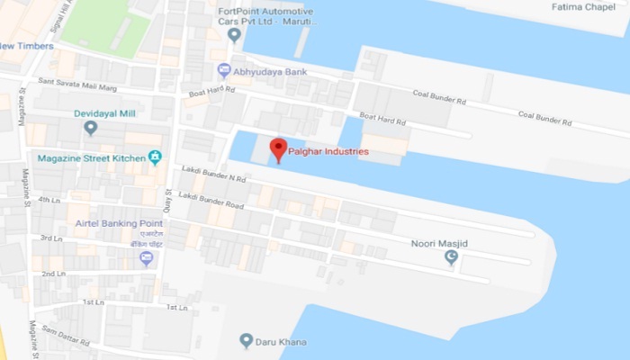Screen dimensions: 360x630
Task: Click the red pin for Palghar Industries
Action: [x=279, y=148]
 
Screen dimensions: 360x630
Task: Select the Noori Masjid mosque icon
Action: [x=452, y=258]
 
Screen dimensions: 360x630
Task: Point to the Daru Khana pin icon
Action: [x=246, y=340]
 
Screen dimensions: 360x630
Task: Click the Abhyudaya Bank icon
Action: [x=224, y=69]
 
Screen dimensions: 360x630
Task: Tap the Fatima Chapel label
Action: [x=584, y=8]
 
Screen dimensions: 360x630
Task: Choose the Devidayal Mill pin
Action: [x=90, y=128]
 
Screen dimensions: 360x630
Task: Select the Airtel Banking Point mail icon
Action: [x=146, y=258]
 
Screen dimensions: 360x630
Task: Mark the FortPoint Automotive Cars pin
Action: [x=234, y=36]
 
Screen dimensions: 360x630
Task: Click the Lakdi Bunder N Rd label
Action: [x=212, y=177]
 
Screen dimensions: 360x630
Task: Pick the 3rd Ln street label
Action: [x=51, y=238]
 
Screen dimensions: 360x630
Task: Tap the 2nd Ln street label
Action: [x=53, y=273]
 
